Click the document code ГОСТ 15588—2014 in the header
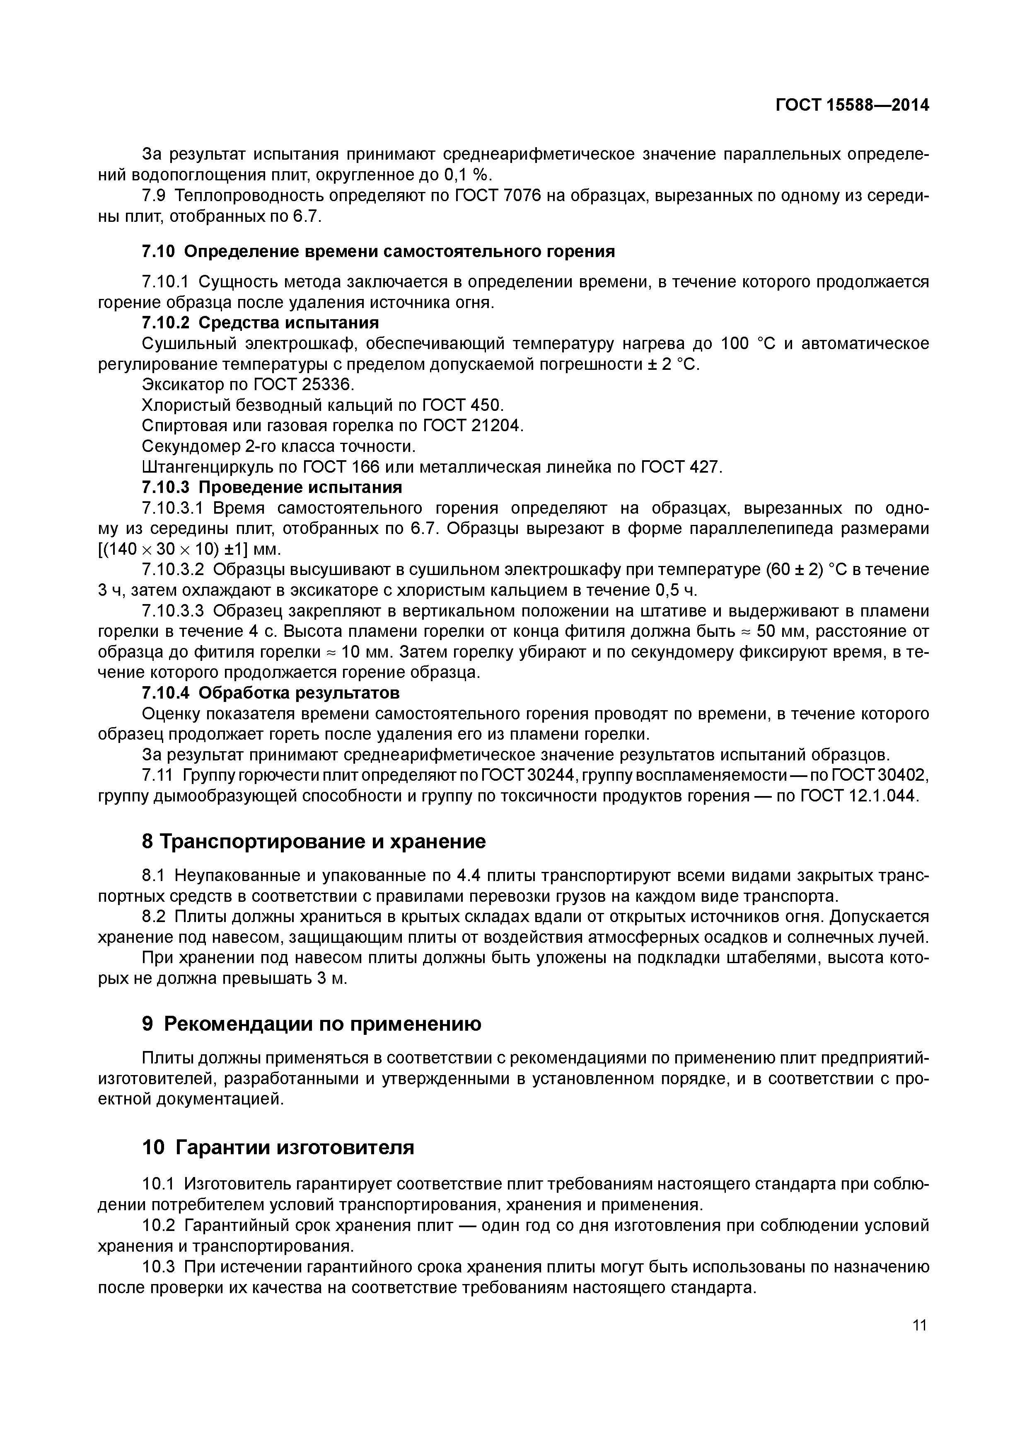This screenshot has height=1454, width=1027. pyautogui.click(x=852, y=105)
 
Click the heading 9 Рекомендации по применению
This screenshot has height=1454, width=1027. pyautogui.click(x=311, y=1024)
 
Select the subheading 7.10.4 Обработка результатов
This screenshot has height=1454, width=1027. pyautogui.click(x=271, y=693)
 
